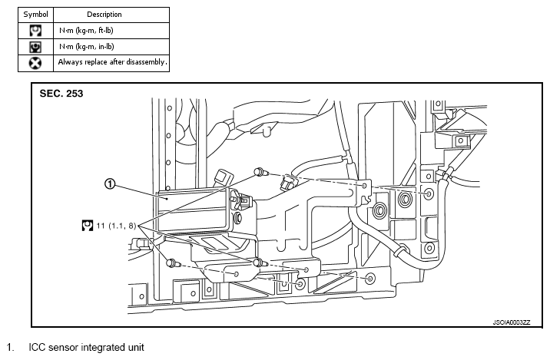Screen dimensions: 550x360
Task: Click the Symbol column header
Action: pos(35,15)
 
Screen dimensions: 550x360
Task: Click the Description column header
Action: pos(104,15)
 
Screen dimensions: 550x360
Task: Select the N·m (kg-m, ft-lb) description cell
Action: pos(86,31)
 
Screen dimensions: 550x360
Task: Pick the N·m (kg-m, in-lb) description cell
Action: pos(86,47)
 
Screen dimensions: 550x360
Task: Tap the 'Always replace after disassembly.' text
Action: pos(112,62)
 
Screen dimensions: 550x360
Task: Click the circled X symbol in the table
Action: pos(35,64)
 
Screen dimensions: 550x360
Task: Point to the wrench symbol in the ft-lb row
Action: pos(35,31)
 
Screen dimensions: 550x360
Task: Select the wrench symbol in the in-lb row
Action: pos(35,47)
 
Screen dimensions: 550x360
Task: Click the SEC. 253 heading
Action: pos(61,94)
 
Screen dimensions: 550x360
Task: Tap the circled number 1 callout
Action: pos(110,183)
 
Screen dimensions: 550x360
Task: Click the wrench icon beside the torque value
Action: pos(88,226)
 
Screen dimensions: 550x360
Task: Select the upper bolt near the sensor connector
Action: pos(261,172)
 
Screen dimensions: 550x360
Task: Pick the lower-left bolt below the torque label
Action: pos(173,263)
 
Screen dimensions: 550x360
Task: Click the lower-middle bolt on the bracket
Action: pos(260,263)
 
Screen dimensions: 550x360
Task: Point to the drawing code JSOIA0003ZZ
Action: pos(512,322)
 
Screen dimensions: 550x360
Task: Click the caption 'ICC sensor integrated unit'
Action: pos(86,348)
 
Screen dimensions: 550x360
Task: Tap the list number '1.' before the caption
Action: pos(11,348)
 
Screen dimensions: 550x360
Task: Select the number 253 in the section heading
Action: pos(75,94)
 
